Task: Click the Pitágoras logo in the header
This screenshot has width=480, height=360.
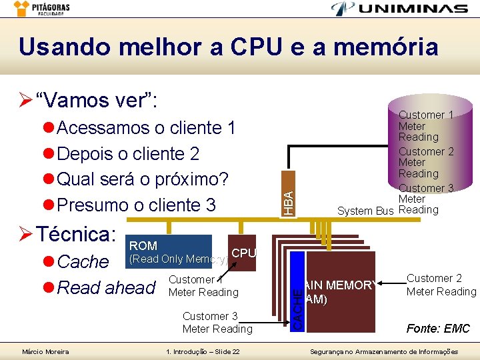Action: (43, 9)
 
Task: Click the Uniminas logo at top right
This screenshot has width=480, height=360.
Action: (401, 9)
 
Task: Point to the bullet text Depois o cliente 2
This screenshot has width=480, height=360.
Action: (128, 153)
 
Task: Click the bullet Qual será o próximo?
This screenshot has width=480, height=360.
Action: (143, 179)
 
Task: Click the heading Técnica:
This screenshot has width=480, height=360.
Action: (76, 234)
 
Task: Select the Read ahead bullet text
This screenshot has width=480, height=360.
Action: (107, 287)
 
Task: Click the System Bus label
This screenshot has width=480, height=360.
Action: (365, 211)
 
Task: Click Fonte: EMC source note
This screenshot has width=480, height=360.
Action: (438, 329)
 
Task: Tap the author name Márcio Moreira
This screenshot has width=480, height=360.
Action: (45, 351)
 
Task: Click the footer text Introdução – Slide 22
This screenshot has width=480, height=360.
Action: (202, 351)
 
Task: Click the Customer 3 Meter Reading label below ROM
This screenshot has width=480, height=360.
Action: (217, 322)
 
